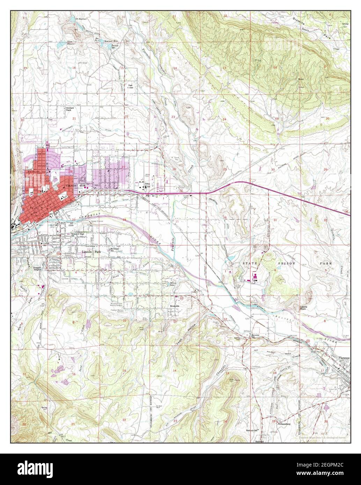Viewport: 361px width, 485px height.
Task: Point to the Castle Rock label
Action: coord(304,308)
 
